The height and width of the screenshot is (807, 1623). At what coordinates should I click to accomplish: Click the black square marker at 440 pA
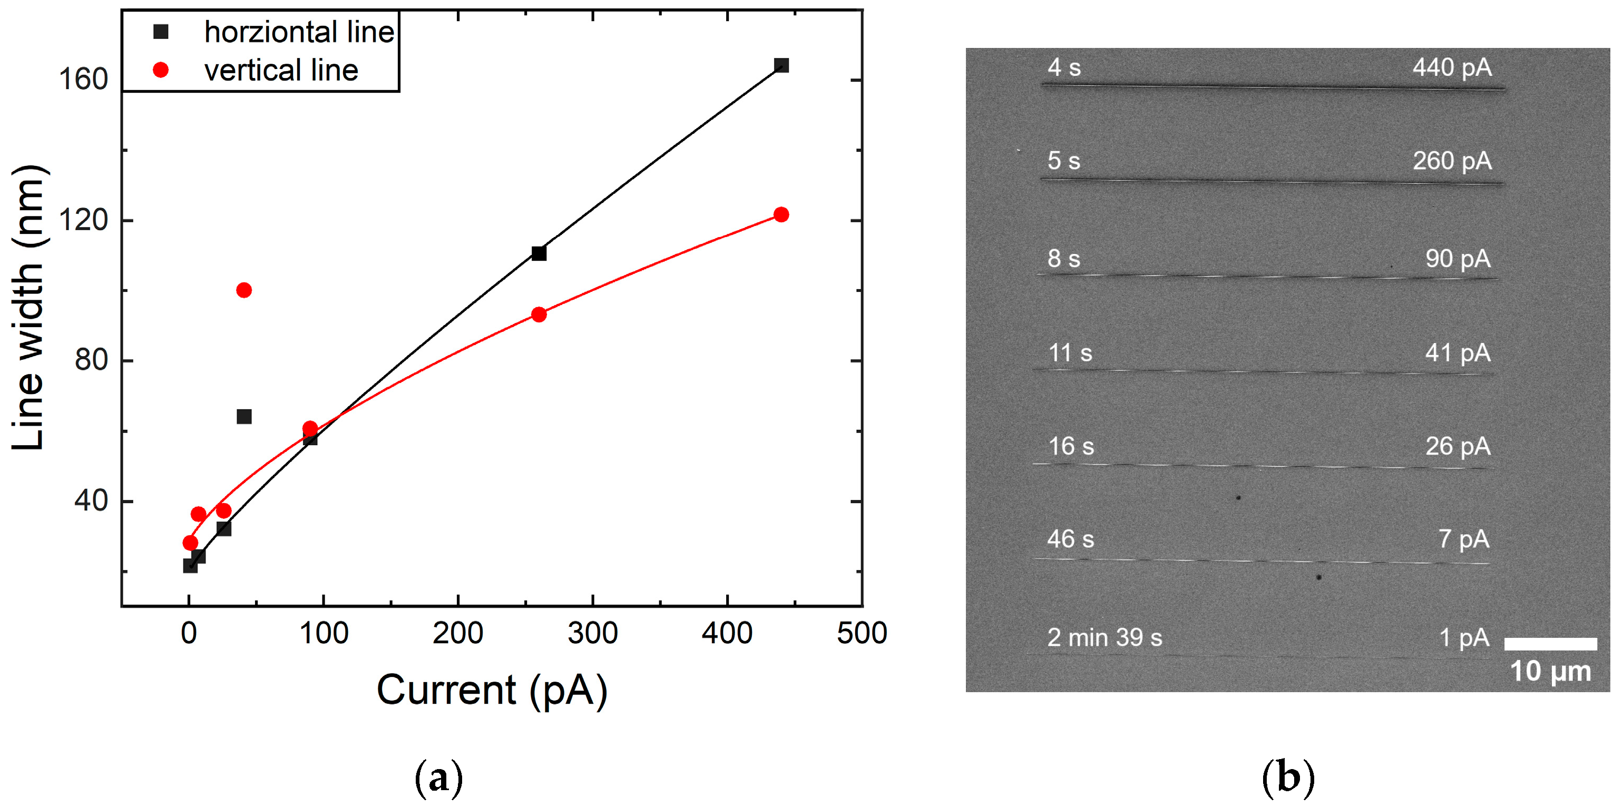(781, 65)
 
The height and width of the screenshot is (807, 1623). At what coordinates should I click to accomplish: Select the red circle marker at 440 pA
(781, 215)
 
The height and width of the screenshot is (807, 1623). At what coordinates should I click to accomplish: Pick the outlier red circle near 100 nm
(244, 290)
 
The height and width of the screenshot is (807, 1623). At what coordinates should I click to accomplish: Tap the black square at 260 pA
(539, 253)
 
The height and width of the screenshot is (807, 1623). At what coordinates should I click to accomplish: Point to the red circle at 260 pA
(539, 314)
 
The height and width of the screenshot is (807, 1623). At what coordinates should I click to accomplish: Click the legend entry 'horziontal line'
(299, 32)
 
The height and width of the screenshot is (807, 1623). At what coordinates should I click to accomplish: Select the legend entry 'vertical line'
(281, 70)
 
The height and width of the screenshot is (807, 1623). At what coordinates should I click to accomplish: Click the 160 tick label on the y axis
(83, 80)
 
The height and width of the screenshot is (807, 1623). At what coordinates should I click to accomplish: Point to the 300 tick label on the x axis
(592, 633)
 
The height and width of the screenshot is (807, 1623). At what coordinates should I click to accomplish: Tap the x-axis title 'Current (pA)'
(492, 690)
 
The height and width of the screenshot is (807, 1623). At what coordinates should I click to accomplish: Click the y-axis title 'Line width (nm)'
(28, 308)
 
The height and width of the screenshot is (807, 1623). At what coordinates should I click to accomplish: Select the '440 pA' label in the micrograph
(1452, 67)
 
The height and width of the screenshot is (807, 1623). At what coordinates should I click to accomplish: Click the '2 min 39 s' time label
(1104, 637)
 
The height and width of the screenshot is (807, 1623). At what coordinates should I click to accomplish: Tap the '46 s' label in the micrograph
(1070, 539)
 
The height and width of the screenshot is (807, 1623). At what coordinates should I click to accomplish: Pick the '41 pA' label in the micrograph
(1458, 353)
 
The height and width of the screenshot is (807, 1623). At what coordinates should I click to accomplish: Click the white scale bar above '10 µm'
(1550, 644)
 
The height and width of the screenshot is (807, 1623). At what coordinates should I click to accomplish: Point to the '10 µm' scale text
(1550, 672)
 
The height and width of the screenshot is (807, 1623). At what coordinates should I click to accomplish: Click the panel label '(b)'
(1288, 778)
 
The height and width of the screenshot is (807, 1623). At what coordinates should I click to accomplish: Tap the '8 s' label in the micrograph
(1064, 258)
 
